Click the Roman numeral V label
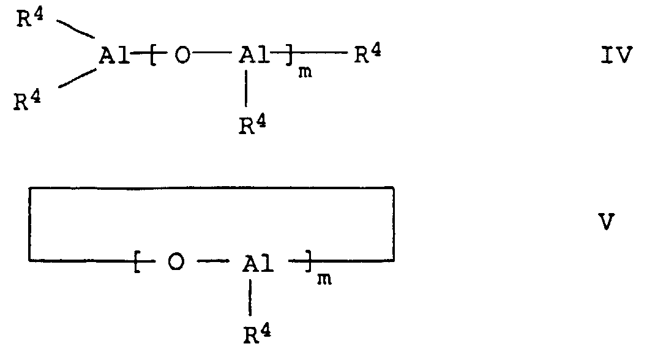pos(606,222)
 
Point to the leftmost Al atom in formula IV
pos(114,56)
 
